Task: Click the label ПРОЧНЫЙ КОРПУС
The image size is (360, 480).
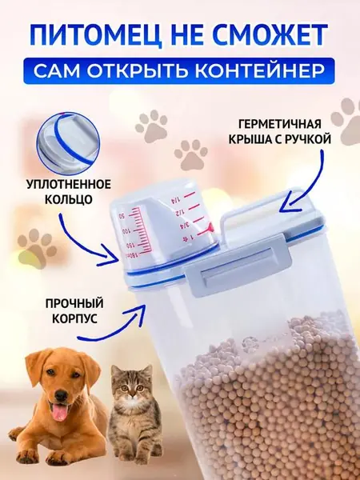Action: pyautogui.click(x=70, y=311)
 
